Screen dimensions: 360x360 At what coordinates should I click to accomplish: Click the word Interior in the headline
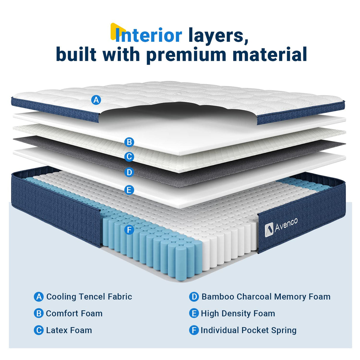coord(148,36)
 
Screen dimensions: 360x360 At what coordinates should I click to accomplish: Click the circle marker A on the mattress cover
coord(96,100)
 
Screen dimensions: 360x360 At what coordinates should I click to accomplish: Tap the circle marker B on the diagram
coord(129,142)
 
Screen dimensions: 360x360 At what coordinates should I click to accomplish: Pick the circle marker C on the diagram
coord(129,157)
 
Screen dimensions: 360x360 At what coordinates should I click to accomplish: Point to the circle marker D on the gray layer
coord(129,172)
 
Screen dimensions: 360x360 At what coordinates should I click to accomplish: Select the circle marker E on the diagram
coord(129,190)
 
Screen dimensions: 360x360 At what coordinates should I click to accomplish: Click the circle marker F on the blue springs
coord(129,230)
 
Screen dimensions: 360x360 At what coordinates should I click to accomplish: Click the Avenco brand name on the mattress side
coord(286,225)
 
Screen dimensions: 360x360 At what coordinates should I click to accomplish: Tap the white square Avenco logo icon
coord(269,230)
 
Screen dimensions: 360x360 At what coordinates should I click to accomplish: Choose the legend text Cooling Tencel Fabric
coord(89,297)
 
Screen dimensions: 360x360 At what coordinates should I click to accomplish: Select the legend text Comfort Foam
coord(74,313)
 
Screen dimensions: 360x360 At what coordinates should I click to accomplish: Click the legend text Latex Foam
coord(69,330)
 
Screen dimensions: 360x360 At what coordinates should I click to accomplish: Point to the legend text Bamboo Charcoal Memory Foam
coord(266,297)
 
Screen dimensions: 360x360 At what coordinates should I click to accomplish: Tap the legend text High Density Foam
coord(238,313)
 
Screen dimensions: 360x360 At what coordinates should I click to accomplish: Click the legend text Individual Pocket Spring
coord(249,330)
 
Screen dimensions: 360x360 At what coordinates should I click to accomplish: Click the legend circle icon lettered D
coord(194,297)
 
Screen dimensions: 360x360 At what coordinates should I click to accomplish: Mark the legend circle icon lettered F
coord(194,330)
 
